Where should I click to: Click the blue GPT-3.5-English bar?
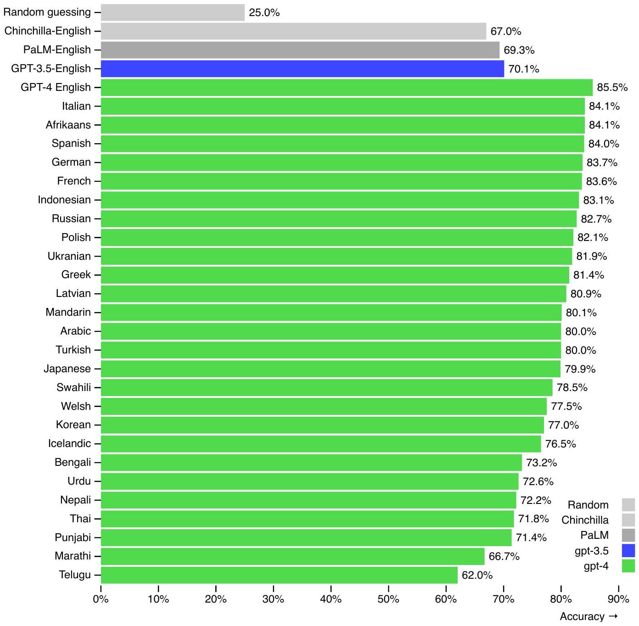(x=302, y=69)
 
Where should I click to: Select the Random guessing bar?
(x=173, y=12)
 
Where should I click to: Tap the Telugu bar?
(x=279, y=575)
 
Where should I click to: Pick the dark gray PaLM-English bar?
(x=300, y=50)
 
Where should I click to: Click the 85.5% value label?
(x=612, y=88)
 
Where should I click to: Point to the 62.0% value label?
(x=477, y=576)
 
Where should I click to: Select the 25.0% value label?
(x=264, y=13)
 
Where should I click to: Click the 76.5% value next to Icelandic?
(x=561, y=444)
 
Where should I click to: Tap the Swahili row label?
(x=73, y=387)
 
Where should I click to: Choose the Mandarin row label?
(x=68, y=313)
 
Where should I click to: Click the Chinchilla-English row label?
(x=48, y=31)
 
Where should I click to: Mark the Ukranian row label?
(x=69, y=256)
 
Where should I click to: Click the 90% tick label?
(x=618, y=599)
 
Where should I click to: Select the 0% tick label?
(x=101, y=599)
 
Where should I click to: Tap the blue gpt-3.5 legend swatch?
(x=628, y=551)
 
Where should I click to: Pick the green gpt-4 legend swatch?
(x=628, y=566)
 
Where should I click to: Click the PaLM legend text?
(x=594, y=535)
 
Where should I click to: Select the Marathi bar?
(x=292, y=556)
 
